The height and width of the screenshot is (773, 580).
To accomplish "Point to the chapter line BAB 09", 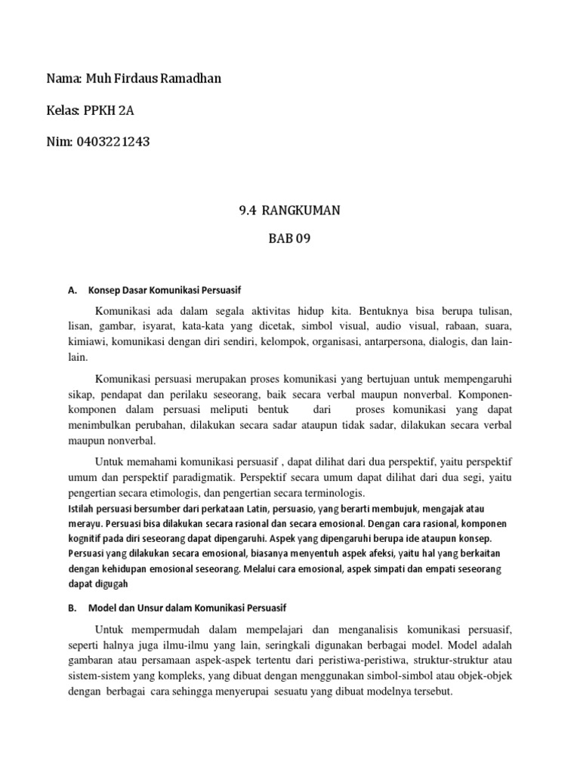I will pyautogui.click(x=289, y=241).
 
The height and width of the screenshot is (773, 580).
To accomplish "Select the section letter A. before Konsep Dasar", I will pyautogui.click(x=72, y=290).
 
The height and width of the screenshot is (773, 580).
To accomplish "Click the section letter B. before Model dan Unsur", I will pyautogui.click(x=72, y=607).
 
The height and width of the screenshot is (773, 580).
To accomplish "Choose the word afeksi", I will pyautogui.click(x=378, y=553).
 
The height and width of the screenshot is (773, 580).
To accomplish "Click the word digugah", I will pyautogui.click(x=112, y=584).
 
